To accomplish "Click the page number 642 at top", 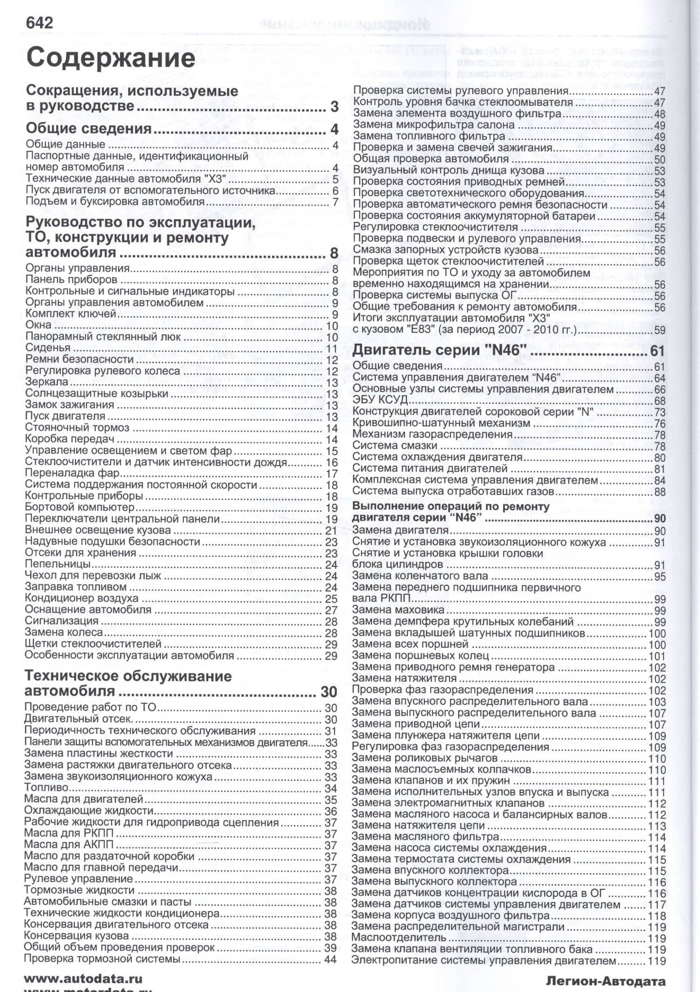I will click(39, 23).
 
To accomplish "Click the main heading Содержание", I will click(111, 58).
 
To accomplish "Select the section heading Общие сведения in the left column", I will click(89, 128).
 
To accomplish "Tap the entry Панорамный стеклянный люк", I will click(103, 336).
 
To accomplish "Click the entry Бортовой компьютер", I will click(79, 507).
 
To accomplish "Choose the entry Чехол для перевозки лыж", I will click(93, 575).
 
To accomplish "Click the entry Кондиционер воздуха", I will click(81, 598).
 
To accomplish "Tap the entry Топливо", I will click(46, 788).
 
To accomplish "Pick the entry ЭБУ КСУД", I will click(380, 400).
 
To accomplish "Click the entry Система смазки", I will click(394, 446).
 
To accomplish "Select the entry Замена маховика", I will click(398, 610).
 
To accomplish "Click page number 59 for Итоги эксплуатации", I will click(659, 331).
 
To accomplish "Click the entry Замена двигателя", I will click(400, 531).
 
